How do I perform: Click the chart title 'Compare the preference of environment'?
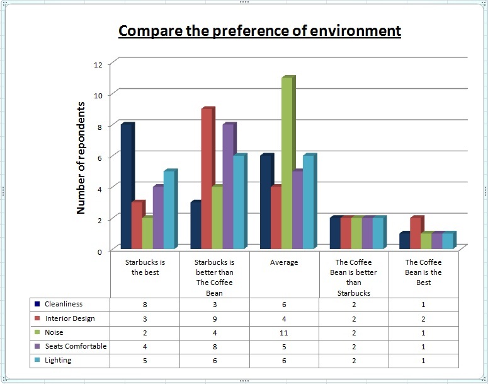point(259,31)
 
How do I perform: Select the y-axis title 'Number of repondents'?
point(81,158)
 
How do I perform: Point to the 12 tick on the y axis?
point(97,64)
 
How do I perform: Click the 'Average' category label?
point(284,262)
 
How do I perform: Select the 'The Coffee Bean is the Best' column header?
point(423,272)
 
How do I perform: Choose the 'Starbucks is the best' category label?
point(145,267)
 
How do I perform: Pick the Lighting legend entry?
point(58,360)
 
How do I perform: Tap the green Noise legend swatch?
point(38,332)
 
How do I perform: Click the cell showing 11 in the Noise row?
point(284,332)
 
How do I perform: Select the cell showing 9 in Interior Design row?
point(215,318)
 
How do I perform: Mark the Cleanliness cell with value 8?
point(145,304)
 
